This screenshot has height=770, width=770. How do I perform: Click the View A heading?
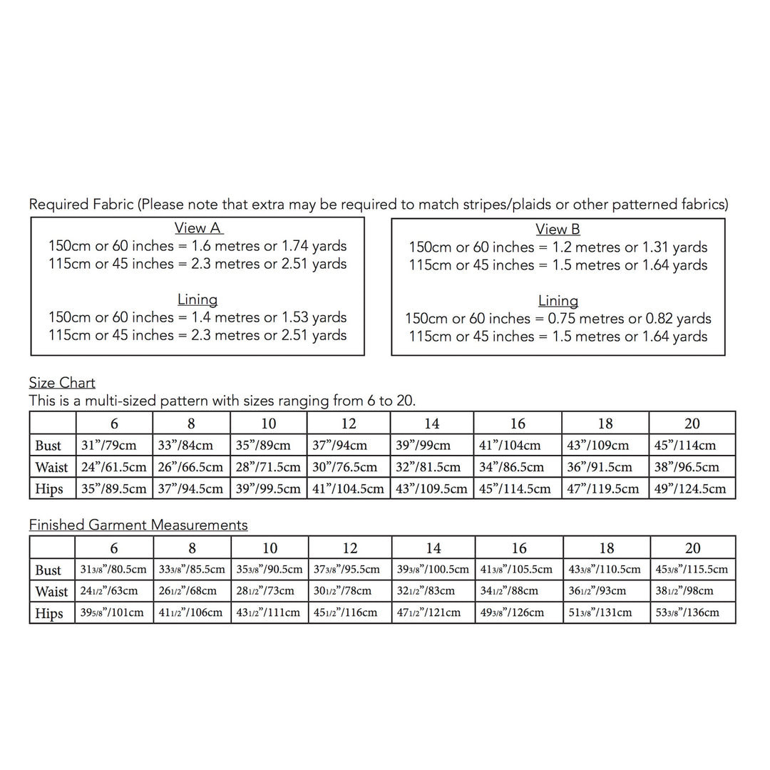198,228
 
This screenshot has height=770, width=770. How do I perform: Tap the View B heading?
558,230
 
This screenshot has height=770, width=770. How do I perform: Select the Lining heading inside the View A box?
197,299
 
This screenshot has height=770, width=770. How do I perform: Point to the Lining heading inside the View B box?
558,301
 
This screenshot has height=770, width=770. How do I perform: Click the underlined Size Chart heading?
62,383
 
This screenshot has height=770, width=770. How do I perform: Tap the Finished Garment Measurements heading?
138,525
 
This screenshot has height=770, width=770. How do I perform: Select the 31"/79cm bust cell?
109,446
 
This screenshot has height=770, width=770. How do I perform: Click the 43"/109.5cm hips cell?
431,489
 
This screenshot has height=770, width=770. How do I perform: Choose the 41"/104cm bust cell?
510,446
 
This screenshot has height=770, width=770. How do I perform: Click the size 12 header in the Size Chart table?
349,423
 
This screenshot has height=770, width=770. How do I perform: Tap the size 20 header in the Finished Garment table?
692,548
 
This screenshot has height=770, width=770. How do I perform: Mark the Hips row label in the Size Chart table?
49,489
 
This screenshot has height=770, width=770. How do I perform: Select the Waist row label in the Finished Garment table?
51,592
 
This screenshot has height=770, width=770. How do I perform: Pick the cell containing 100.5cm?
432,570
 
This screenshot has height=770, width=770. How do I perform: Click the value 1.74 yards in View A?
314,247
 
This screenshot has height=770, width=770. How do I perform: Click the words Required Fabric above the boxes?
81,205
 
